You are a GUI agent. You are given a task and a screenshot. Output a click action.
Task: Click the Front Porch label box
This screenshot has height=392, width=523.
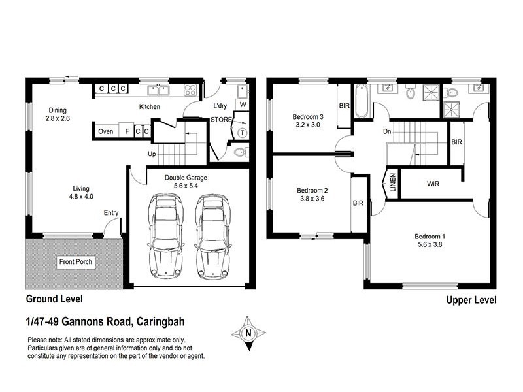point(76,262)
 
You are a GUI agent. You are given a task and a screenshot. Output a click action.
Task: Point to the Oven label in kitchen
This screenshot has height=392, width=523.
point(105,131)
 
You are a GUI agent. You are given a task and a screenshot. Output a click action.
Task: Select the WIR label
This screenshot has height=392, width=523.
point(433,184)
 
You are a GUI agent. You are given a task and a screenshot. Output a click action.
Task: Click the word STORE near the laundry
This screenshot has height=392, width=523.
point(221,120)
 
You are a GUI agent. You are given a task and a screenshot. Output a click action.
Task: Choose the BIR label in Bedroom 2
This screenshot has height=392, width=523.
point(358,203)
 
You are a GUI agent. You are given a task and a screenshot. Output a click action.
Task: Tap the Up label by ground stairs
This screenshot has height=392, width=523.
point(152,154)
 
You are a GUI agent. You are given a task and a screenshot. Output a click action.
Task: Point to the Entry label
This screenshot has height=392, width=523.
point(110,213)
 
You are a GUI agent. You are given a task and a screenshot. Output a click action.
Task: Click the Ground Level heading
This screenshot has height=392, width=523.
point(54,299)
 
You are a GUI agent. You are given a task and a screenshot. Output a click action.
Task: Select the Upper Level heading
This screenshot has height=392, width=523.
point(471,301)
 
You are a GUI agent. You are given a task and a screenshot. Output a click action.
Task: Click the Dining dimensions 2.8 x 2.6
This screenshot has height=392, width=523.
point(58,119)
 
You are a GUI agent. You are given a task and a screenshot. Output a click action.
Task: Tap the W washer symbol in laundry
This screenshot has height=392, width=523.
point(243,105)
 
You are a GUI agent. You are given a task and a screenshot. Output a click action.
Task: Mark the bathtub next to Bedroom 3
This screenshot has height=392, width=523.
point(362,101)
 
